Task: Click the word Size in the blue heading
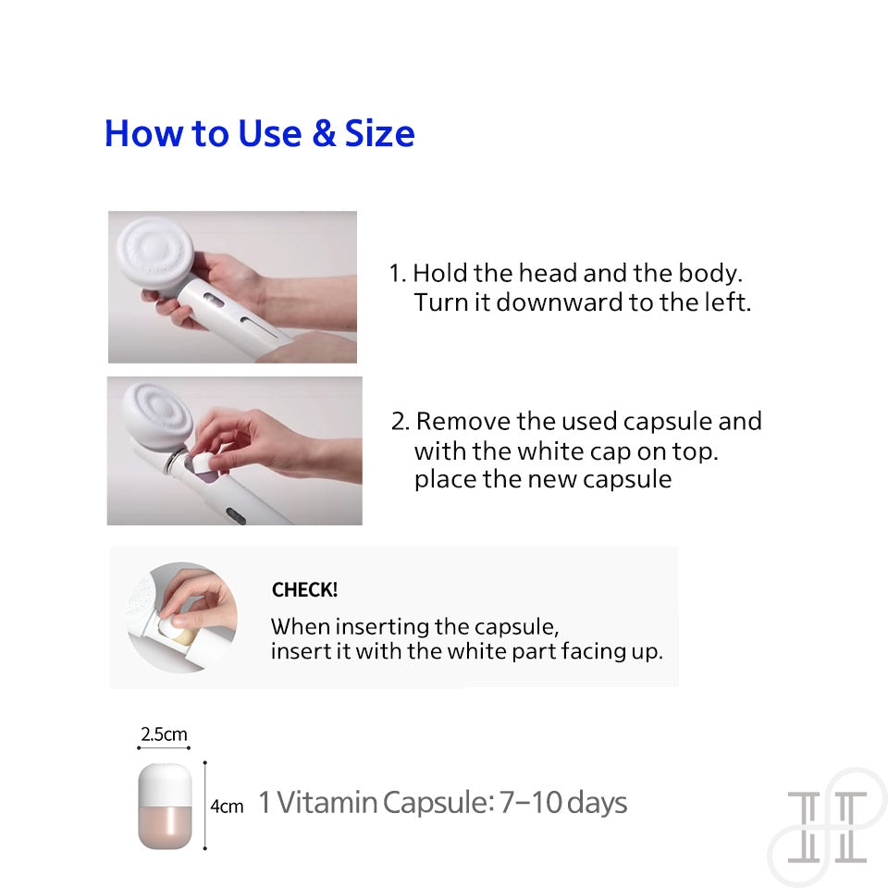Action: (x=379, y=133)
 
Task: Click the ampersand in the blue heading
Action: (x=324, y=133)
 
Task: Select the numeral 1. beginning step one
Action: (x=398, y=274)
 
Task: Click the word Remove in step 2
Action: (x=462, y=422)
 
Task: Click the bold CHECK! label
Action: (x=304, y=590)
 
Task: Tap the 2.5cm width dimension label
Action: (x=164, y=734)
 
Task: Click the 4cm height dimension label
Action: (x=227, y=806)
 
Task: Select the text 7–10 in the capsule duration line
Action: (x=530, y=803)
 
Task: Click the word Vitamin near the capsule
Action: (x=327, y=803)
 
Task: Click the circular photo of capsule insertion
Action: (x=182, y=617)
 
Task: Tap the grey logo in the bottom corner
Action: (x=827, y=827)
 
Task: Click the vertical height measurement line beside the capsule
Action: (x=205, y=806)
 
